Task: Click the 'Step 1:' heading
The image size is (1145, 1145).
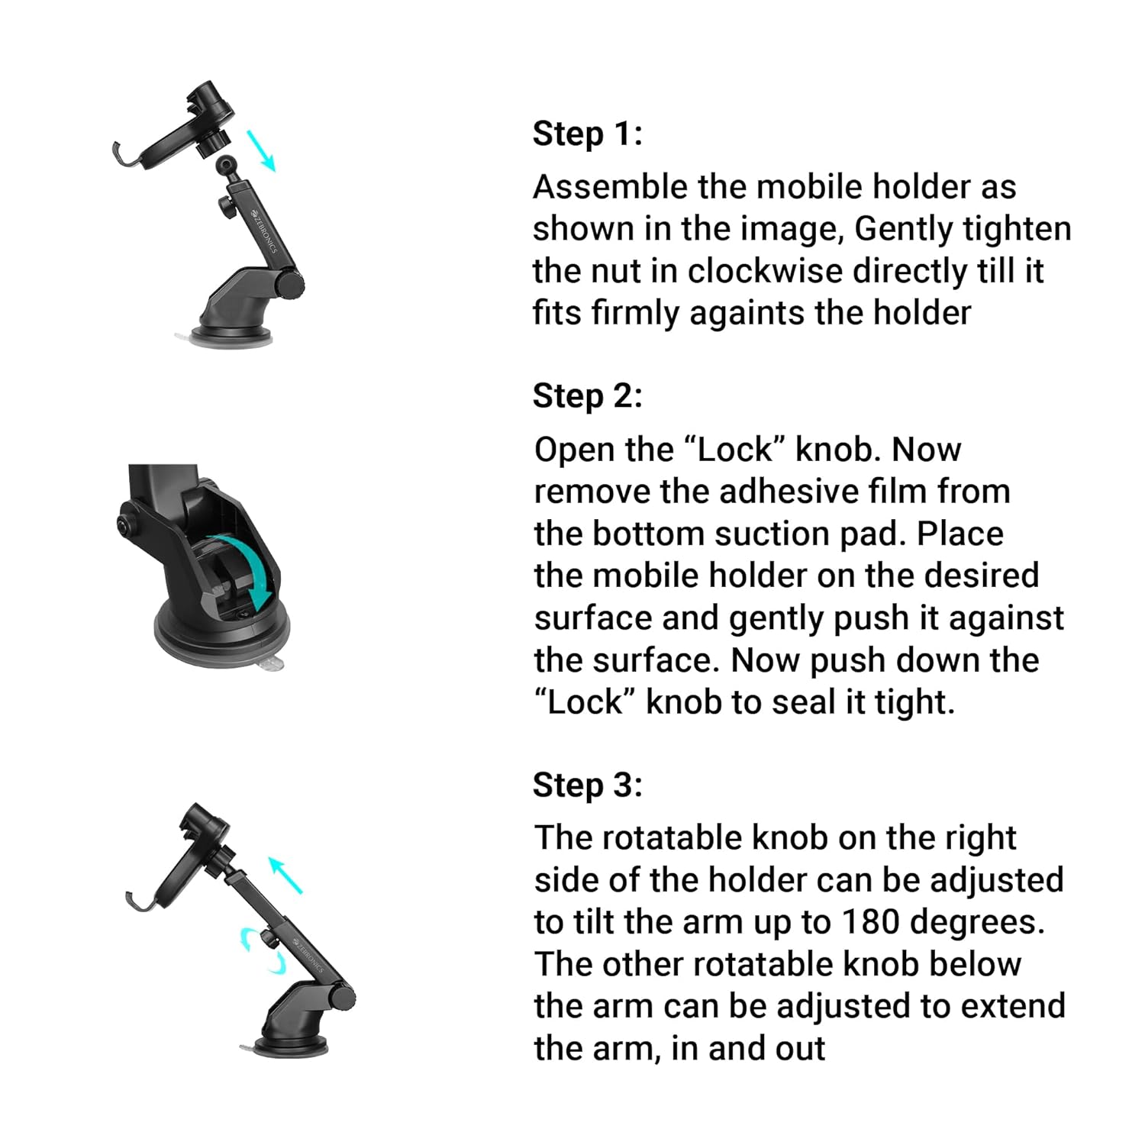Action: tap(588, 134)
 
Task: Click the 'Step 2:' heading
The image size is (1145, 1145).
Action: tap(588, 396)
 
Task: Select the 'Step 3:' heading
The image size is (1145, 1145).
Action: tap(588, 785)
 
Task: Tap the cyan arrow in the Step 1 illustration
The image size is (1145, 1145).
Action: tap(260, 150)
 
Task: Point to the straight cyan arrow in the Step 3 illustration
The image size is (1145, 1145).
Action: tap(286, 876)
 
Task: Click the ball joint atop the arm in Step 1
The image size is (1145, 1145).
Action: tap(227, 165)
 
